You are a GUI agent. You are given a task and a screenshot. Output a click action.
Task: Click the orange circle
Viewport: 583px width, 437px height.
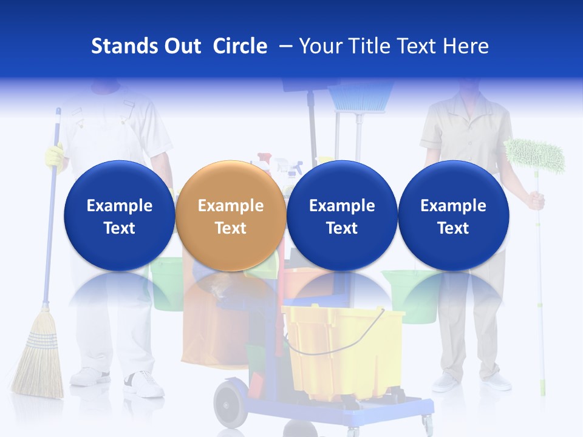pyautogui.click(x=230, y=215)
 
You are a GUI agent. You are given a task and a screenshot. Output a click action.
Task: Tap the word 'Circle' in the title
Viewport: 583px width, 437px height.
pyautogui.click(x=240, y=46)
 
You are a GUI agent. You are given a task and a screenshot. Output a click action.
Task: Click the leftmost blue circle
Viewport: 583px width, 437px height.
pyautogui.click(x=119, y=215)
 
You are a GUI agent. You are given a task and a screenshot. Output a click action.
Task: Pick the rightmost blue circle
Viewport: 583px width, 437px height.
pyautogui.click(x=453, y=215)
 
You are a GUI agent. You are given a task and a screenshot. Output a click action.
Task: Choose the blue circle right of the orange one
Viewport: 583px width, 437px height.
pyautogui.click(x=342, y=215)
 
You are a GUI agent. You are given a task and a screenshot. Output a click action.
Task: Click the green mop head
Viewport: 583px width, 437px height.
pyautogui.click(x=534, y=155)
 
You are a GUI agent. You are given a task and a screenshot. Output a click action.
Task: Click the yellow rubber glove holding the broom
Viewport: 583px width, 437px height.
pyautogui.click(x=55, y=156)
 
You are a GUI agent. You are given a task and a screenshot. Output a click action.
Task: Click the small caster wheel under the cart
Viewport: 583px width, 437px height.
pyautogui.click(x=427, y=422)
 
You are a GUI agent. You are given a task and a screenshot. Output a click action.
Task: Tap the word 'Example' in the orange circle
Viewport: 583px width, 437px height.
pyautogui.click(x=230, y=206)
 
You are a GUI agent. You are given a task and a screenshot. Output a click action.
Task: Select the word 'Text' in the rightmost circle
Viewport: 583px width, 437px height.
pyautogui.click(x=453, y=228)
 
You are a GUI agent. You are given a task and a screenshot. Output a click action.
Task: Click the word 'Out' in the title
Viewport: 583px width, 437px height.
pyautogui.click(x=181, y=46)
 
